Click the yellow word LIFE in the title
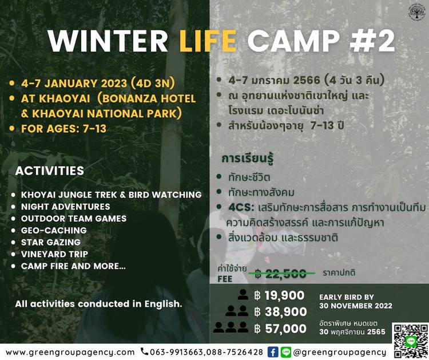click(208, 41)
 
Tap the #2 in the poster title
click(372, 41)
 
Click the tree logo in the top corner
click(416, 12)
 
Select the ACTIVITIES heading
click(50, 171)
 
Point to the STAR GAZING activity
click(51, 242)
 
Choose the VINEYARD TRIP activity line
click(54, 254)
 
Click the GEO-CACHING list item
click(54, 230)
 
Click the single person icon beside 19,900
click(243, 295)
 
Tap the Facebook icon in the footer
click(272, 352)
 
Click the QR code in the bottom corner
click(410, 341)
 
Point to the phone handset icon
click(144, 352)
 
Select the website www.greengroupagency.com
click(70, 353)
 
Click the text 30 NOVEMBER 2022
click(356, 306)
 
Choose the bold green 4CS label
click(240, 207)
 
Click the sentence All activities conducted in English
click(98, 304)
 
